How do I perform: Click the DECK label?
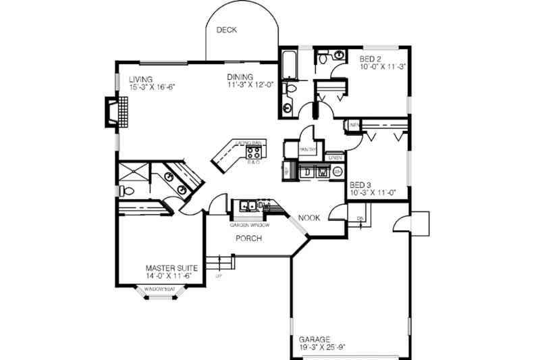click(226, 30)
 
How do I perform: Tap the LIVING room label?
click(141, 79)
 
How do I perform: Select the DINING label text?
click(240, 77)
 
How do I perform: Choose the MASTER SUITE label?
click(171, 267)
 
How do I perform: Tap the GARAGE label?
click(315, 339)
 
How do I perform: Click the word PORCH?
click(248, 239)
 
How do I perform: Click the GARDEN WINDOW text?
click(250, 224)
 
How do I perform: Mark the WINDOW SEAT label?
click(159, 290)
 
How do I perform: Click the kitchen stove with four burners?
click(253, 153)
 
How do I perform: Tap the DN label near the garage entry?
click(360, 218)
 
